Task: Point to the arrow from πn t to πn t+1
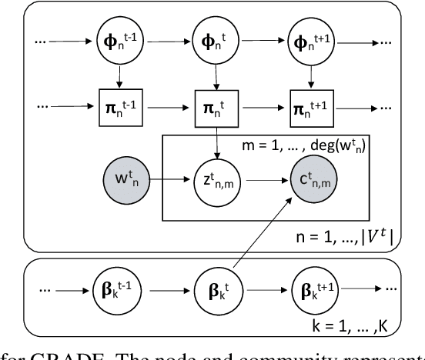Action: pos(266,102)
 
